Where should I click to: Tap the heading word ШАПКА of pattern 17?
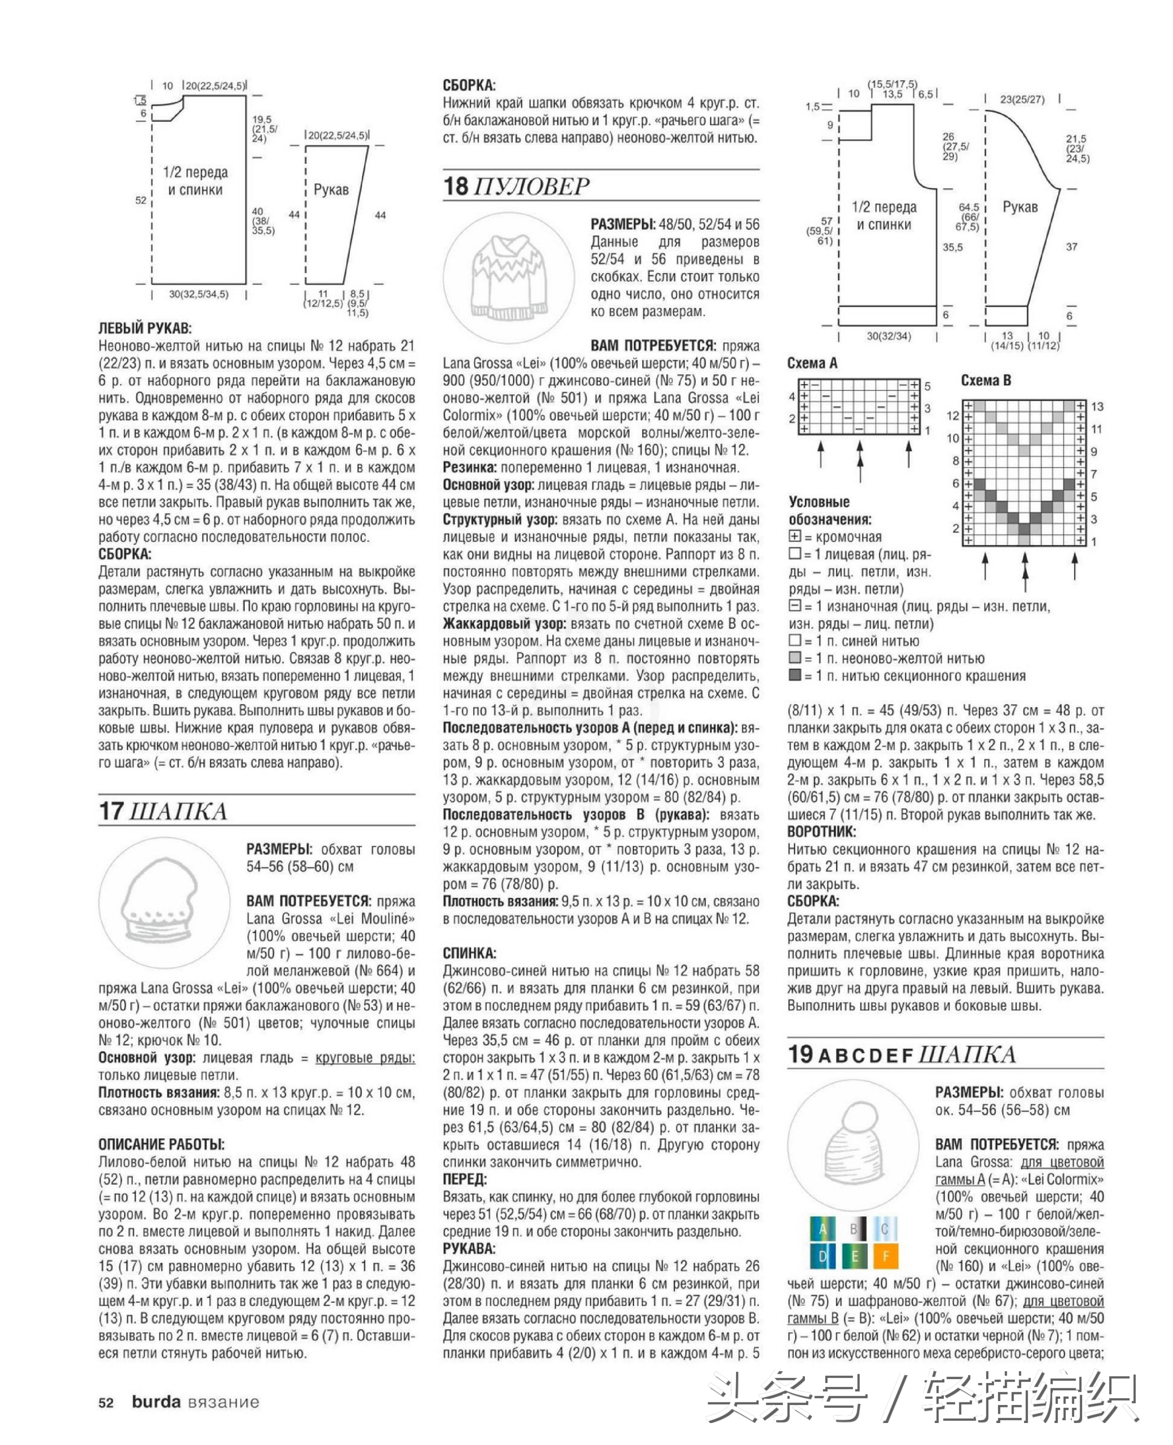tap(178, 811)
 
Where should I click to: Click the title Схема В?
tap(985, 380)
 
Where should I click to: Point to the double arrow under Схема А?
tap(860, 460)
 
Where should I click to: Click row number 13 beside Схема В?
tap(1097, 406)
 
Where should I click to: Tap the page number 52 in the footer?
tap(106, 1402)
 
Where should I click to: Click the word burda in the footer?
tap(156, 1402)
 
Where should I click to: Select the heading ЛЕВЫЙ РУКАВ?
tap(145, 328)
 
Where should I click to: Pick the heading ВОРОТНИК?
tap(821, 832)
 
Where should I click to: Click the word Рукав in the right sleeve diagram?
tap(1019, 207)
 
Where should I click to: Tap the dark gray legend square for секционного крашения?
tap(795, 675)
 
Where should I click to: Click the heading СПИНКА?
tap(469, 953)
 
